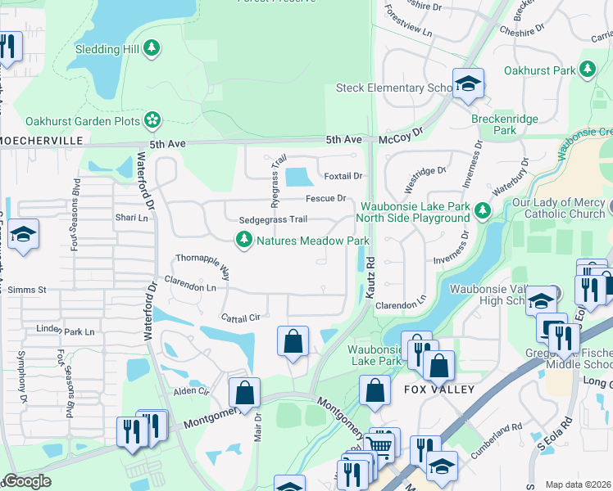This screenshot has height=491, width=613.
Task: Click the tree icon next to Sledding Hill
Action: tap(151, 49)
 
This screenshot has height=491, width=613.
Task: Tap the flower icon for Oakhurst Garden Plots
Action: tap(152, 121)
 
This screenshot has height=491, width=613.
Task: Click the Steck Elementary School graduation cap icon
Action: tap(468, 83)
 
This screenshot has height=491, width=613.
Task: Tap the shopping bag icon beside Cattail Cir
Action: tap(293, 341)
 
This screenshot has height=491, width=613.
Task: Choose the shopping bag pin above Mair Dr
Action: tap(245, 392)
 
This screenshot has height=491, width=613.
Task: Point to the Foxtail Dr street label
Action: tap(343, 176)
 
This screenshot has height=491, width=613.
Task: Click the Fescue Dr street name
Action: tap(326, 198)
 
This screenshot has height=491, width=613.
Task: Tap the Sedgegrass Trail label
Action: tap(273, 219)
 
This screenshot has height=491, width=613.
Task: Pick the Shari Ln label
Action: tap(132, 218)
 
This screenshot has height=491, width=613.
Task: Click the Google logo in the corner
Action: tap(27, 481)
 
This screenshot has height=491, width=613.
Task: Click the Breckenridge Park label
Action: tap(505, 124)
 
